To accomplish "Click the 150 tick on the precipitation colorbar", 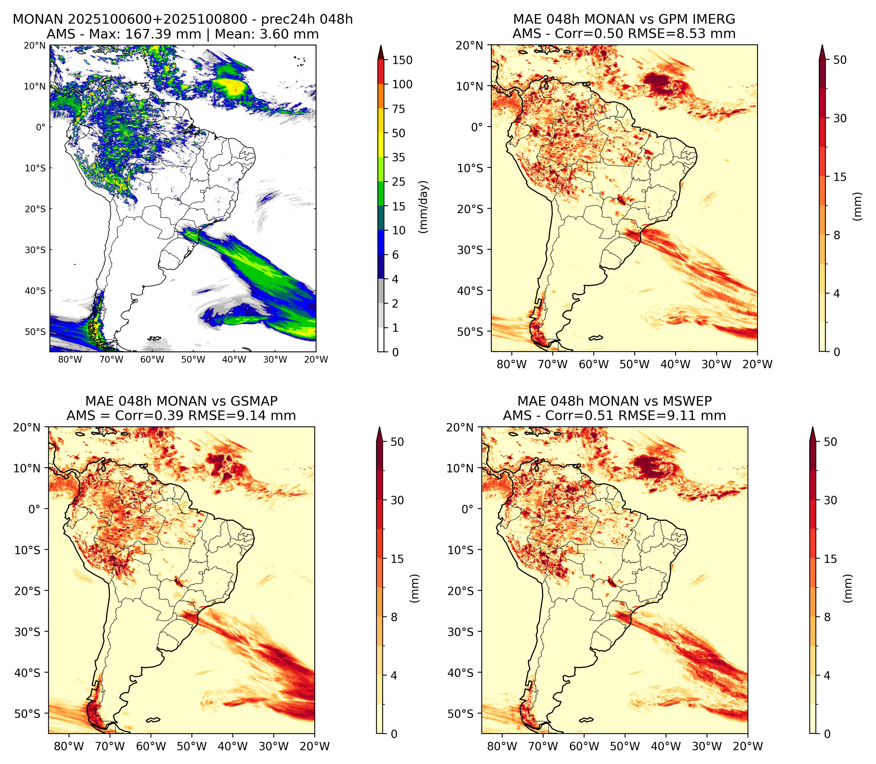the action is click(402, 60).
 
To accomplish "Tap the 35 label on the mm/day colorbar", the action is click(399, 157).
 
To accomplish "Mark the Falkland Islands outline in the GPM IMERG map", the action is click(596, 338).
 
